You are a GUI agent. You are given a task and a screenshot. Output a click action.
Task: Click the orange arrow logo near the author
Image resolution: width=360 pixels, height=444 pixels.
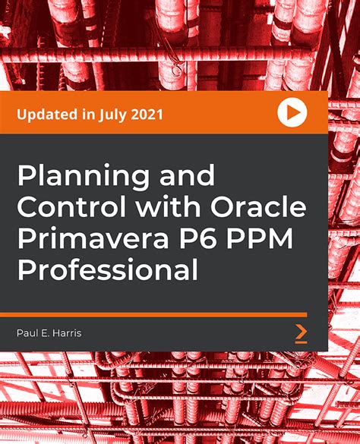(x=301, y=333)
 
